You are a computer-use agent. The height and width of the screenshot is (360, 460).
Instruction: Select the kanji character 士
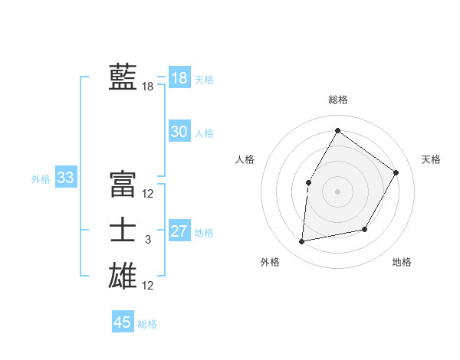tap(122, 231)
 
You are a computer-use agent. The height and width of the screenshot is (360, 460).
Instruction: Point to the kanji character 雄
tap(122, 276)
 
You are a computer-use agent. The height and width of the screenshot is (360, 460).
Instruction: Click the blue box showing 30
tap(179, 132)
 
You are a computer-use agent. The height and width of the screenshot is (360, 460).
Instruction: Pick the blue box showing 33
tap(66, 178)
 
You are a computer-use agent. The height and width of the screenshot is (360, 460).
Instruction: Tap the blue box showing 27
tap(179, 231)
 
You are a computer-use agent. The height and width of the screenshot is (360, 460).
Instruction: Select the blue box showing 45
tap(123, 322)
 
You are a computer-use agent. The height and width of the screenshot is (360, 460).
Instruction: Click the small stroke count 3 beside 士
tap(148, 241)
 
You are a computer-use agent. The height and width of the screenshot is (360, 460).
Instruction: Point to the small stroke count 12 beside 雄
tap(148, 286)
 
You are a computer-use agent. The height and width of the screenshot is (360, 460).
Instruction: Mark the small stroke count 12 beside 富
tap(148, 194)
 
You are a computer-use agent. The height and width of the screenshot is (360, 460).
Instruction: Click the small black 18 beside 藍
tap(148, 87)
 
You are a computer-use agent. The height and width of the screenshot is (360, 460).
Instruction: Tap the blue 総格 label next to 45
tap(147, 324)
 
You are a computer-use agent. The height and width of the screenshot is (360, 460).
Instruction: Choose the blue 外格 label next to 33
tap(41, 179)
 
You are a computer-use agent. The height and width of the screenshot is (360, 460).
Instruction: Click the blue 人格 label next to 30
tap(204, 133)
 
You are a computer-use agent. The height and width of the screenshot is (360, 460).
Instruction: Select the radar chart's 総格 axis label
tap(337, 100)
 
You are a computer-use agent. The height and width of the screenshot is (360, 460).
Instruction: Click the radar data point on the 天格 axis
tap(396, 172)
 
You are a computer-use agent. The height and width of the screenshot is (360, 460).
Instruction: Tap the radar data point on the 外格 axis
tap(302, 242)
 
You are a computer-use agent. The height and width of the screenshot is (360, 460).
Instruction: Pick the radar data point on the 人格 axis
tap(309, 182)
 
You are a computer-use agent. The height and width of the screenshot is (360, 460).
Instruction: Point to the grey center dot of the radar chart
tap(337, 191)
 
